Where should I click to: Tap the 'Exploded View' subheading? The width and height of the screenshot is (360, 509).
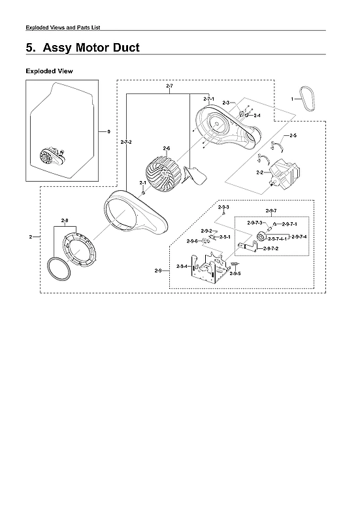click(x=49, y=71)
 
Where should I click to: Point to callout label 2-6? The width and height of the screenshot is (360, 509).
click(x=167, y=148)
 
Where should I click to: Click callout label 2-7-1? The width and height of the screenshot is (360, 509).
click(x=209, y=99)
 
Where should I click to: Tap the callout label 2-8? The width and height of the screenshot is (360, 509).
click(x=65, y=220)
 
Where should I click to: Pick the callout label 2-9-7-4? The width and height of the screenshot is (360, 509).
click(x=299, y=236)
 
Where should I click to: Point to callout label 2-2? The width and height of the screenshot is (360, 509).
click(x=259, y=172)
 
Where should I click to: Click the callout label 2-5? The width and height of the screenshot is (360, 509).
click(x=293, y=135)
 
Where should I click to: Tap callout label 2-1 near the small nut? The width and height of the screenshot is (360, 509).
click(x=142, y=182)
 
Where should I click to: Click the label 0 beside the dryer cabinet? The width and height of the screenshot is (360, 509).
click(x=108, y=131)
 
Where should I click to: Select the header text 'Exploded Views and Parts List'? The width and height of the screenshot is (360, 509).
click(x=63, y=27)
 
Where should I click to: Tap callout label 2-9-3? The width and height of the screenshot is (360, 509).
click(x=223, y=206)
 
